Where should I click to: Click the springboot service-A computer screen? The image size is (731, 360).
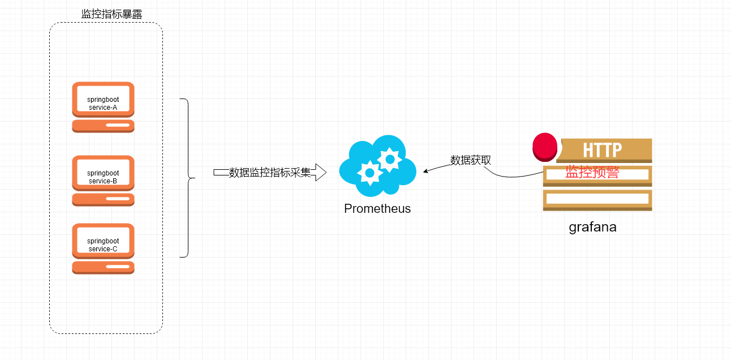[103, 100]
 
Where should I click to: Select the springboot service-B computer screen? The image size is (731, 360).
[103, 173]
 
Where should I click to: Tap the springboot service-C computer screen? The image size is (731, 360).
[103, 241]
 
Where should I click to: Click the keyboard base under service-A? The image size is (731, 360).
[103, 126]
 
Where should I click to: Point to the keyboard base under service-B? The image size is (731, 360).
[103, 199]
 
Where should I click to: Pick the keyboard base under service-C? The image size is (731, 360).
[103, 267]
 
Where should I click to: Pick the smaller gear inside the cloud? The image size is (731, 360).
[369, 172]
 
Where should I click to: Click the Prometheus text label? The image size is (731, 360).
[377, 208]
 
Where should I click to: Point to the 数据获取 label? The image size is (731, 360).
[470, 160]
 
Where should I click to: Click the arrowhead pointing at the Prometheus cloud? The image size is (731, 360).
[426, 170]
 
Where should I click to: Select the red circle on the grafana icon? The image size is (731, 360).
[545, 146]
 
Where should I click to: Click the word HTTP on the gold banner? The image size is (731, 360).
[603, 150]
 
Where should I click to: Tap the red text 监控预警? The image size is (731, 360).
[592, 173]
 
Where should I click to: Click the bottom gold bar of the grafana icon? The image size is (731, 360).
[597, 199]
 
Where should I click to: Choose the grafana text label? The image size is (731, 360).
[592, 228]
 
